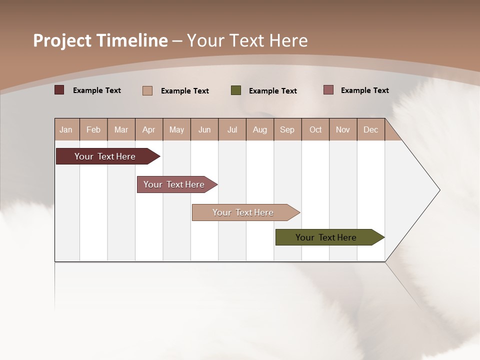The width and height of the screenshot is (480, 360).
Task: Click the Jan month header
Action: [x=66, y=129]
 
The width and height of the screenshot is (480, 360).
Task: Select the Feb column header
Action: [x=93, y=129]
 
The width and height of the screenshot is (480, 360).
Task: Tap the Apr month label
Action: [x=148, y=129]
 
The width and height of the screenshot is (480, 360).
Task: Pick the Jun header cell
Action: [x=204, y=129]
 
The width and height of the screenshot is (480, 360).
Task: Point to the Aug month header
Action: [x=260, y=129]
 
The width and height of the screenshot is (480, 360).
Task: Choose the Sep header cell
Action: [x=287, y=129]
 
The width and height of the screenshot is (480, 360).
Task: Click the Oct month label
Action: [x=315, y=129]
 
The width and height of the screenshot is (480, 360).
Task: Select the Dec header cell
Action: [x=370, y=129]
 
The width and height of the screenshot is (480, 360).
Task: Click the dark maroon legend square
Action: [x=59, y=90]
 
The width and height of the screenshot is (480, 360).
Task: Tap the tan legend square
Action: [x=147, y=90]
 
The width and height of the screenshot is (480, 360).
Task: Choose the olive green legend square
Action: [x=236, y=90]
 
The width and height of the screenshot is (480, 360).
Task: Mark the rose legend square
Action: [x=328, y=90]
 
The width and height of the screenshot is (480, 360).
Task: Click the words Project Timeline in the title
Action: [x=100, y=40]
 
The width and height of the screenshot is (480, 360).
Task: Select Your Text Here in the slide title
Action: [x=247, y=40]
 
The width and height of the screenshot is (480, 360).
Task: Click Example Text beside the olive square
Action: [x=272, y=91]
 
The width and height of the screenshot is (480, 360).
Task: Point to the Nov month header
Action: [x=343, y=129]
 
